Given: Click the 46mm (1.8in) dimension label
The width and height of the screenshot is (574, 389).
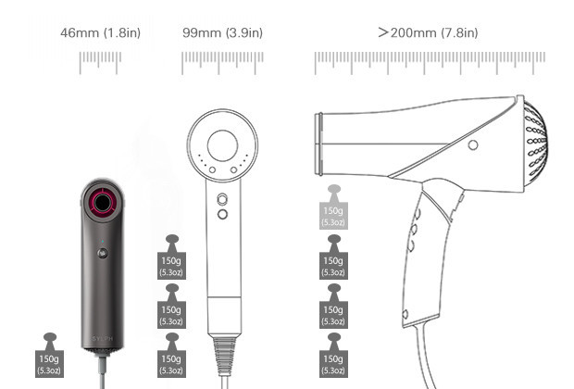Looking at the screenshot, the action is tap(100, 32).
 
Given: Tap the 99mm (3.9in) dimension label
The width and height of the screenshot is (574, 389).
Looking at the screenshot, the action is tap(222, 32).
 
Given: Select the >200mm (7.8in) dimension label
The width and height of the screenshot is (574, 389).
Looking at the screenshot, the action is tap(428, 32).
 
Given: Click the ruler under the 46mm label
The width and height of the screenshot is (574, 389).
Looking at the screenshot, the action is tap(100, 63).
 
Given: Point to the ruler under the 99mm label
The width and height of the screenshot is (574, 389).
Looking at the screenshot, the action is tap(222, 63).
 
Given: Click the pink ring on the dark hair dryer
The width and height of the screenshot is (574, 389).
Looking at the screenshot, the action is tap(93, 203).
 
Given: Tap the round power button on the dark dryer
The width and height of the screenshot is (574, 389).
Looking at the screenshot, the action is tap(103, 253).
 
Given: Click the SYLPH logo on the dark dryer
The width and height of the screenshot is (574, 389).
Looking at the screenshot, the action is tap(103, 339).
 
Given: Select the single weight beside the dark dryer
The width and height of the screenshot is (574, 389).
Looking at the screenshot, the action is tap(50, 356).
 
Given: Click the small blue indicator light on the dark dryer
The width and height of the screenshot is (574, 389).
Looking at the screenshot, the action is tap(103, 242).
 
